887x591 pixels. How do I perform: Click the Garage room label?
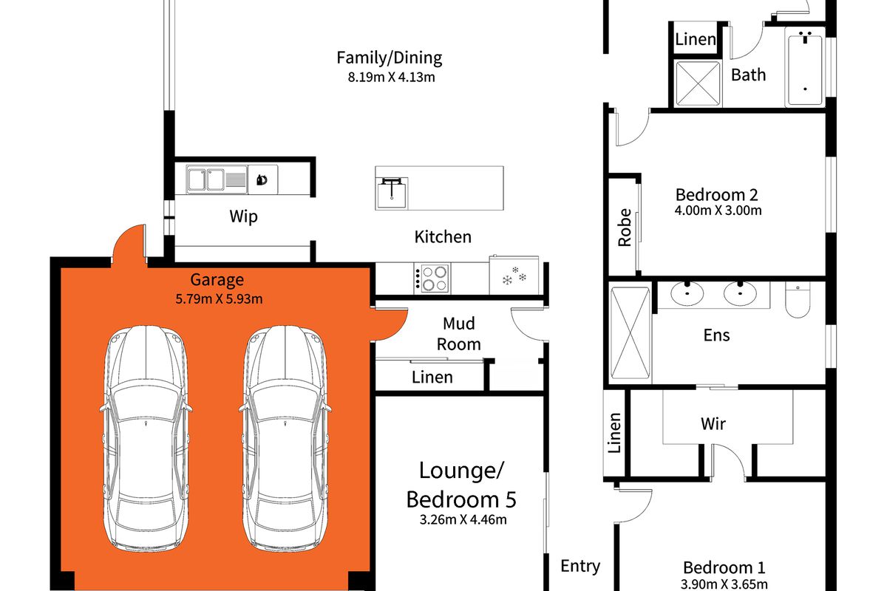[217, 280]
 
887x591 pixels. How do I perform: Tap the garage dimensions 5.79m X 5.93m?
[219, 299]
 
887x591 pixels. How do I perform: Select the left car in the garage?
[146, 438]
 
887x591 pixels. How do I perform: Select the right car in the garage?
[285, 438]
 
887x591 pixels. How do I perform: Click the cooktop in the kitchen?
[432, 279]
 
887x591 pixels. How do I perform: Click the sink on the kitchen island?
[392, 193]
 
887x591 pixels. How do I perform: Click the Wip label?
[243, 217]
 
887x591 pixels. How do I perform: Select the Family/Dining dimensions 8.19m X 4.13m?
[391, 77]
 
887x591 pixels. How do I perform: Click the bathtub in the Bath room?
[805, 70]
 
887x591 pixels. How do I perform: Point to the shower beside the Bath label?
[698, 83]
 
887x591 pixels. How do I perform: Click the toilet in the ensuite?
[798, 299]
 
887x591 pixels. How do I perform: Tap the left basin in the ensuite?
[687, 293]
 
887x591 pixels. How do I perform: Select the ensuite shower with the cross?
[630, 333]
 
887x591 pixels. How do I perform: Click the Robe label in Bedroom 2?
[625, 228]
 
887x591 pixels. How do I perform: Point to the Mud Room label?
[458, 334]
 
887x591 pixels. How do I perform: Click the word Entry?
[580, 566]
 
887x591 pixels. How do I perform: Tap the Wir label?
[713, 424]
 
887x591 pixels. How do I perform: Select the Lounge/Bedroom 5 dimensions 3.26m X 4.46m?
[463, 520]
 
